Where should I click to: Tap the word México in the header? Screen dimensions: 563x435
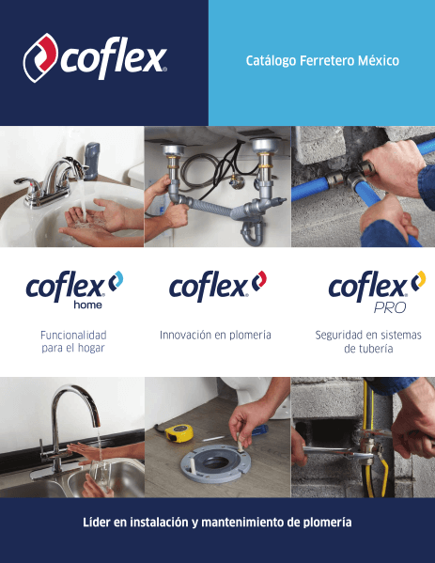pos(372,61)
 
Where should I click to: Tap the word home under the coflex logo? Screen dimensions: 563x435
pos(87,305)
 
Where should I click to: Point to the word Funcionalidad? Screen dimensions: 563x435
pos(73,335)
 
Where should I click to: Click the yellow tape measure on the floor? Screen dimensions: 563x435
pos(179,431)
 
